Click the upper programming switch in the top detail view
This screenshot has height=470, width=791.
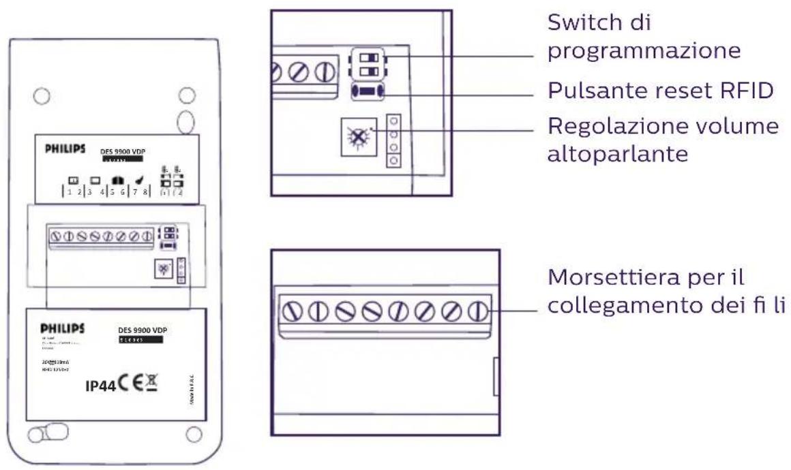(368, 57)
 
